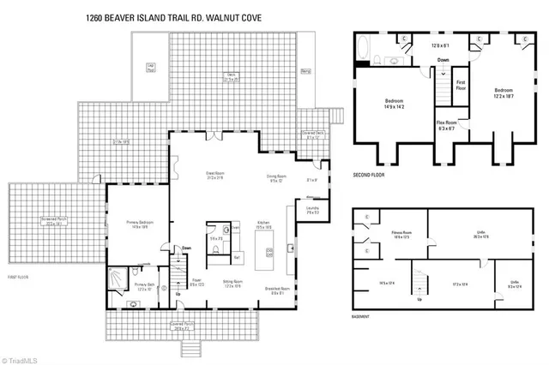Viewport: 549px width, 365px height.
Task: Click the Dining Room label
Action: coord(275,178)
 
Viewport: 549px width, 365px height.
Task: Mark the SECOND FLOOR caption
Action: coord(373,174)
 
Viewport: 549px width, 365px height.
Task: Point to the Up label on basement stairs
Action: coord(419,300)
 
